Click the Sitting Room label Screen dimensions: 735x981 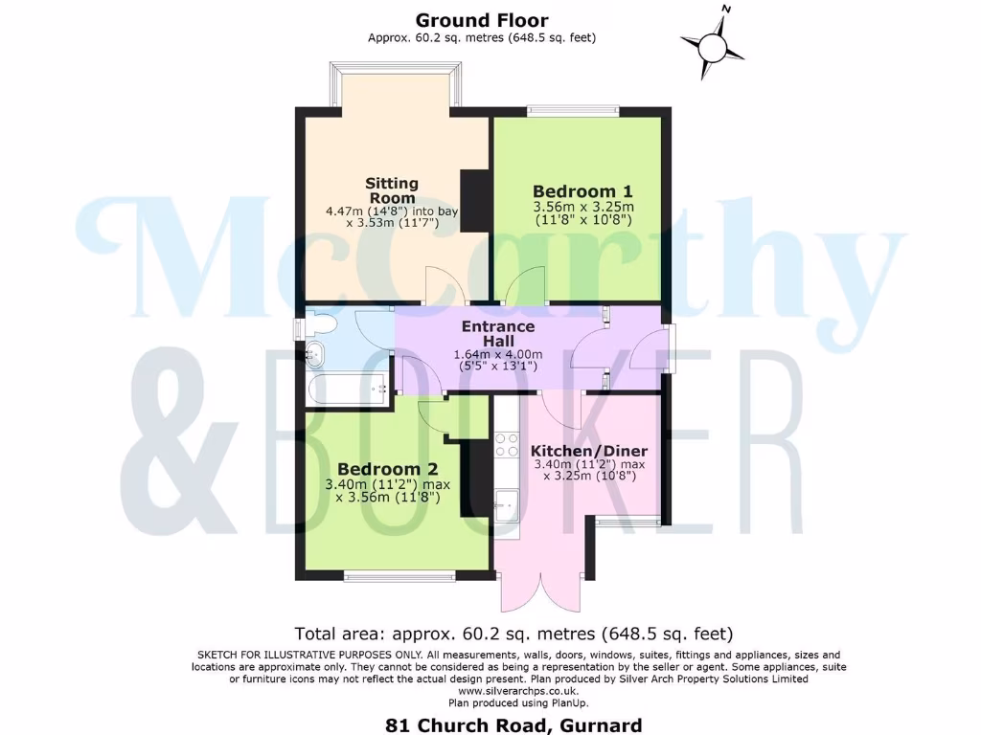click(x=392, y=190)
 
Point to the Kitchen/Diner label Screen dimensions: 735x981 click(x=589, y=451)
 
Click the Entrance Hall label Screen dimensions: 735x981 click(x=497, y=333)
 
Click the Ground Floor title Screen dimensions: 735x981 click(x=482, y=19)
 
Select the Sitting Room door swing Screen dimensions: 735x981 click(x=447, y=286)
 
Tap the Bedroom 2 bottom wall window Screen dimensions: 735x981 click(x=400, y=576)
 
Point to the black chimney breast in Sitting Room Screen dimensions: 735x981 click(x=474, y=200)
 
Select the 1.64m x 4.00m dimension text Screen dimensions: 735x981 click(x=497, y=354)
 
